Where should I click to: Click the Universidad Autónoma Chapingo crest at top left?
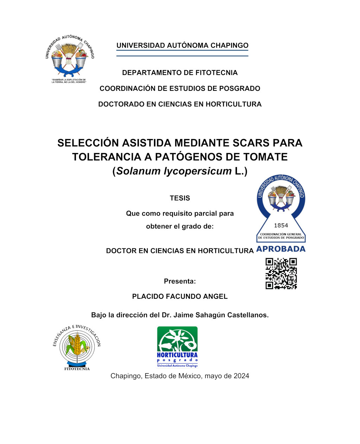click(x=70, y=58)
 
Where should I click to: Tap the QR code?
click(x=281, y=273)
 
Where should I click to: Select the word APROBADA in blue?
click(x=281, y=249)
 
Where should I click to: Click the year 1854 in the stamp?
click(x=281, y=226)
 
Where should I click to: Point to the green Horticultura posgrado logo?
click(x=177, y=347)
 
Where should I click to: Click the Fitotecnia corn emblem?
click(x=77, y=347)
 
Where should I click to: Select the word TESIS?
click(x=180, y=198)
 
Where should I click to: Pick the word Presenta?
click(x=180, y=281)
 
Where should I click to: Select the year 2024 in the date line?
click(x=241, y=376)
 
